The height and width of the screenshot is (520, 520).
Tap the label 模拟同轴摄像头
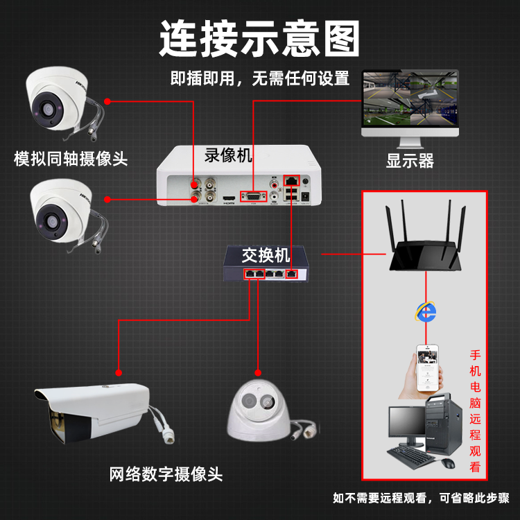click(x=71, y=159)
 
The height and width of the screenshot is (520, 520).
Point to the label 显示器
click(x=410, y=162)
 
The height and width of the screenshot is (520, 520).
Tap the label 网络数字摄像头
click(x=166, y=475)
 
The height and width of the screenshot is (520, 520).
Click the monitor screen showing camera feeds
click(x=411, y=98)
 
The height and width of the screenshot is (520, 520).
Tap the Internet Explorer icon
click(x=426, y=311)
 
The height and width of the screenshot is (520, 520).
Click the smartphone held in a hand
click(x=428, y=367)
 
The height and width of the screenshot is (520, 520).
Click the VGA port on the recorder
click(x=252, y=196)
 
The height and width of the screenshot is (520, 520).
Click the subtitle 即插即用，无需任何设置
click(x=260, y=78)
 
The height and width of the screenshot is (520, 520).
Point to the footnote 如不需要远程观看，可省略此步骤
click(x=421, y=498)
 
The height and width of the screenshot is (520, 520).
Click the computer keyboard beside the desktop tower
click(x=410, y=456)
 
